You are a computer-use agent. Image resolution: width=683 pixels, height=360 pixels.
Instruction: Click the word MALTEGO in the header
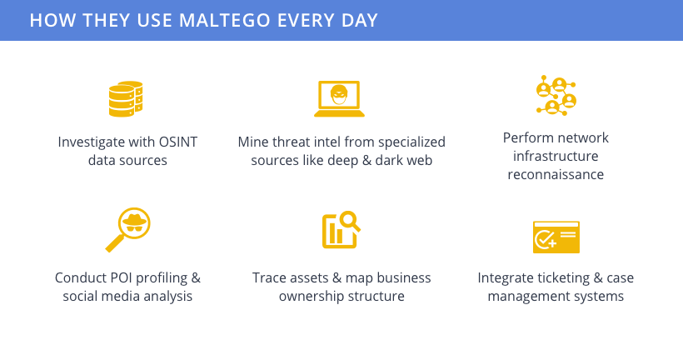[224, 21]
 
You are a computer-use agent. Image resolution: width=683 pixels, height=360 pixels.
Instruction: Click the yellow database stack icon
[126, 99]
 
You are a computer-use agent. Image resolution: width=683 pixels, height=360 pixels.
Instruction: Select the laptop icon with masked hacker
[339, 99]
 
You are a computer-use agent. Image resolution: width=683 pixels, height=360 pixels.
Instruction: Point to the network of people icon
[556, 96]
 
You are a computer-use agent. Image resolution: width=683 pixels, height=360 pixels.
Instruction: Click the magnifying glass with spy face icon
[128, 230]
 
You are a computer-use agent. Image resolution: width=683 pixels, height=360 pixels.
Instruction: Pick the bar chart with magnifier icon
[341, 230]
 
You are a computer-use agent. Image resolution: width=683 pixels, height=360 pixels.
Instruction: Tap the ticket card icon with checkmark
[556, 237]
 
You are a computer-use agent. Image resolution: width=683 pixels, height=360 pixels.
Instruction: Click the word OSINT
[177, 142]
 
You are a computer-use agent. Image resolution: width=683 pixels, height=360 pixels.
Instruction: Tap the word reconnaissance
[556, 175]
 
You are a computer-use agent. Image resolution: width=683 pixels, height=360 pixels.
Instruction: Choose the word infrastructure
[556, 156]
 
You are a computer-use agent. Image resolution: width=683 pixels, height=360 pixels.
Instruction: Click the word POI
[121, 278]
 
